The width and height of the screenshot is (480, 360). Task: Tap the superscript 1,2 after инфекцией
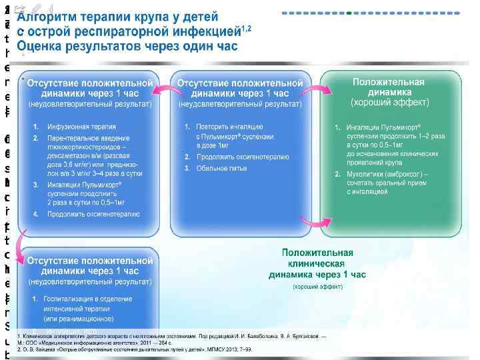246,27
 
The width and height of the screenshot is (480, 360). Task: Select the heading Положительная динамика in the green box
389,87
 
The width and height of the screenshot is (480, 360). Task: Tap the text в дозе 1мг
213,145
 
